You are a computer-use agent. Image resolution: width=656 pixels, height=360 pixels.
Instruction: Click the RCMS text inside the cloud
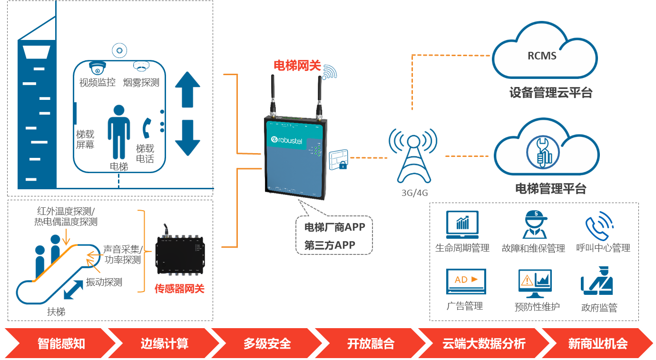pyautogui.click(x=542, y=56)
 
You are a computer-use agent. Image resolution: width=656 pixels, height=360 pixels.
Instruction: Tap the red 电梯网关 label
pyautogui.click(x=297, y=66)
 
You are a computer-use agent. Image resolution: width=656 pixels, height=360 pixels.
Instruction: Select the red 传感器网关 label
pyautogui.click(x=179, y=288)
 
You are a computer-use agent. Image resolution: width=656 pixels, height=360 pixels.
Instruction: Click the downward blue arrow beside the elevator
pyautogui.click(x=187, y=137)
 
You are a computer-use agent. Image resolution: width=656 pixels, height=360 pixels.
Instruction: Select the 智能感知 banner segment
pyautogui.click(x=61, y=343)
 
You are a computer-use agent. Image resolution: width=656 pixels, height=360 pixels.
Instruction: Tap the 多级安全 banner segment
pyautogui.click(x=267, y=343)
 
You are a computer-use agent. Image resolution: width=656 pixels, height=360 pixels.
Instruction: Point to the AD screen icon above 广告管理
pyautogui.click(x=466, y=281)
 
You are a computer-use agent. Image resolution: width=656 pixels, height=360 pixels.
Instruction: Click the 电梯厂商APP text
pyautogui.click(x=334, y=227)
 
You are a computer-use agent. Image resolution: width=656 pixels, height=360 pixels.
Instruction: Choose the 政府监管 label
pyautogui.click(x=599, y=308)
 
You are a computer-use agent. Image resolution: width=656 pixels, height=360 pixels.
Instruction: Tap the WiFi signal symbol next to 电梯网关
pyautogui.click(x=329, y=72)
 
